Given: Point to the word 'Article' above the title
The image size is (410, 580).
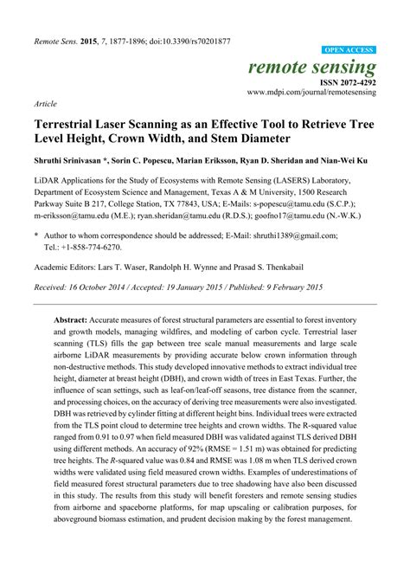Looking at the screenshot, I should pyautogui.click(x=46, y=102).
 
